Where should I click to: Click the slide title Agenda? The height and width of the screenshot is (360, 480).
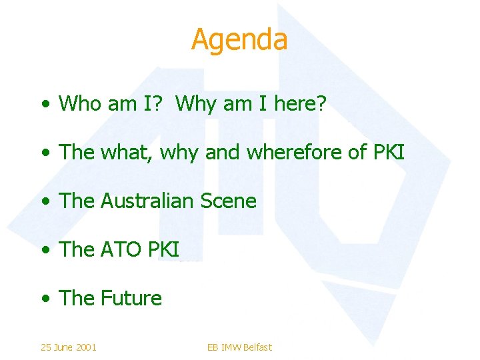coord(239,40)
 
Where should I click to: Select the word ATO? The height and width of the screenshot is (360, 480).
coord(122,249)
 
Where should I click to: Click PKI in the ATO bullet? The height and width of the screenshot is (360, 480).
coord(164,249)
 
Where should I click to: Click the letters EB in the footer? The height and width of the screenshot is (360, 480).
coord(213,347)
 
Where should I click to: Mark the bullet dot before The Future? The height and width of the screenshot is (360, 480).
coord(44,299)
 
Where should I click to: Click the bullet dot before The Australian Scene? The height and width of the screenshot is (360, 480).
coord(44,202)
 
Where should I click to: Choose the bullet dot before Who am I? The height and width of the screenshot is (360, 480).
coord(44,105)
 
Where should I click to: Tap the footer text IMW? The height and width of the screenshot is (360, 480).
coord(230,347)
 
